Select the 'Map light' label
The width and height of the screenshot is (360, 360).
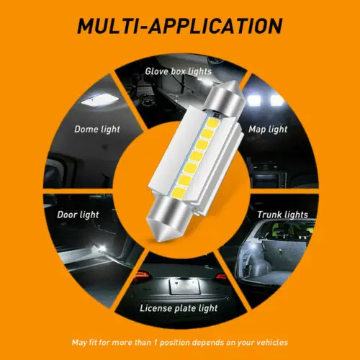coord(269,130)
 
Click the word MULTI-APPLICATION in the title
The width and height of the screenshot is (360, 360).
coord(180,27)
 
